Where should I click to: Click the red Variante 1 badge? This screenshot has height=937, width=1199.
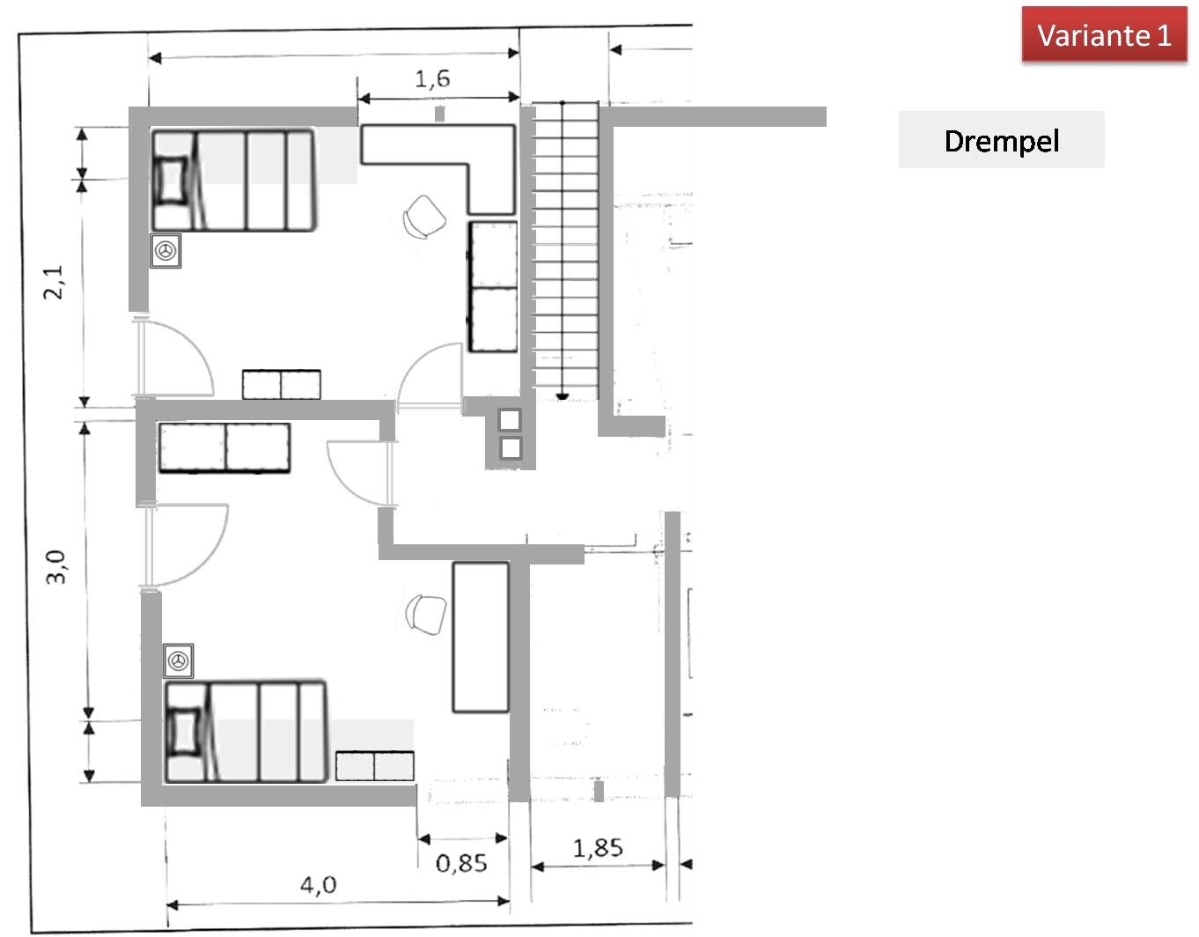pyautogui.click(x=1103, y=35)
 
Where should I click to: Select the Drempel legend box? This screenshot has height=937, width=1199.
pyautogui.click(x=1001, y=140)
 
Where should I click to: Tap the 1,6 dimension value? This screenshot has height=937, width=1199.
pyautogui.click(x=432, y=79)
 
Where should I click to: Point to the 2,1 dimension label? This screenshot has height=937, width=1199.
pyautogui.click(x=54, y=282)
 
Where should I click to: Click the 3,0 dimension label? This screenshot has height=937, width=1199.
pyautogui.click(x=56, y=566)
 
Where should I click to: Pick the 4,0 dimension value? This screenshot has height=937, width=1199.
pyautogui.click(x=318, y=884)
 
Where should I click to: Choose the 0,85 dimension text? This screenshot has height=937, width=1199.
pyautogui.click(x=461, y=863)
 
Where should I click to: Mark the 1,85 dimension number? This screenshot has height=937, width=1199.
pyautogui.click(x=598, y=848)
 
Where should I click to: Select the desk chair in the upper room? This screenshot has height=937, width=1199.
pyautogui.click(x=424, y=216)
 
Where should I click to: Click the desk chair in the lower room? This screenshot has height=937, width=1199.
pyautogui.click(x=427, y=614)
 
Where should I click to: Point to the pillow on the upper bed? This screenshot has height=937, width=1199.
pyautogui.click(x=171, y=181)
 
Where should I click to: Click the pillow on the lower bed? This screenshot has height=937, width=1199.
pyautogui.click(x=185, y=732)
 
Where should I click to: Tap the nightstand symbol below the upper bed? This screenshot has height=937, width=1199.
pyautogui.click(x=166, y=251)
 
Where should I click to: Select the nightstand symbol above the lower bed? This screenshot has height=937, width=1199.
pyautogui.click(x=179, y=660)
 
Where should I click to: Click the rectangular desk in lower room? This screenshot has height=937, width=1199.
pyautogui.click(x=480, y=637)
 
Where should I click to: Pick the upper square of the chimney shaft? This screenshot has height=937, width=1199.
pyautogui.click(x=510, y=420)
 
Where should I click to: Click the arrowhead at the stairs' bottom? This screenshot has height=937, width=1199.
pyautogui.click(x=563, y=397)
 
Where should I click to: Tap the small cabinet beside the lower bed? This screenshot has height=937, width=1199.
pyautogui.click(x=375, y=766)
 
